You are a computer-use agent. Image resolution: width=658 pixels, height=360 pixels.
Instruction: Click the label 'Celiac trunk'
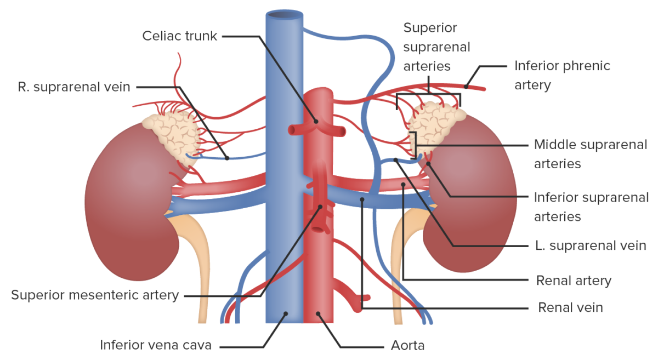(179, 36)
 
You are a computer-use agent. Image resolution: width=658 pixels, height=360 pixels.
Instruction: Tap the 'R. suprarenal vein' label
(74, 87)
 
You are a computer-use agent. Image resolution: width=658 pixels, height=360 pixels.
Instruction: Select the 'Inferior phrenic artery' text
(561, 75)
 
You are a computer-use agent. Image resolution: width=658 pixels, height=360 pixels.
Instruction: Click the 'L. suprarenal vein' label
(591, 245)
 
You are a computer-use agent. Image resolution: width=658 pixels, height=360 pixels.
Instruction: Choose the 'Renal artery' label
(573, 281)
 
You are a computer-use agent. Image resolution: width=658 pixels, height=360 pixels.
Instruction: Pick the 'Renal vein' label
(570, 307)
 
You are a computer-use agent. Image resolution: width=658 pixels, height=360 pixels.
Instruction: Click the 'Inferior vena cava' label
(155, 345)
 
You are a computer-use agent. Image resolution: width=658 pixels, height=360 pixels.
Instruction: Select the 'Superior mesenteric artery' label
(95, 295)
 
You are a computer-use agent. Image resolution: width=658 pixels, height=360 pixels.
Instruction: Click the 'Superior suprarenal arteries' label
(436, 47)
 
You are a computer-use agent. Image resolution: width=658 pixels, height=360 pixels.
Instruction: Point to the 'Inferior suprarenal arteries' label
(591, 207)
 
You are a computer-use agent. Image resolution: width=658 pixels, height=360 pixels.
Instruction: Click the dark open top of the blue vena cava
(284, 15)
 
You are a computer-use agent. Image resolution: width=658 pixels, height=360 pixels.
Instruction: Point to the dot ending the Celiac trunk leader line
(316, 121)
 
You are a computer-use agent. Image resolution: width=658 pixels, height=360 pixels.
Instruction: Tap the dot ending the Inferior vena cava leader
(285, 314)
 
